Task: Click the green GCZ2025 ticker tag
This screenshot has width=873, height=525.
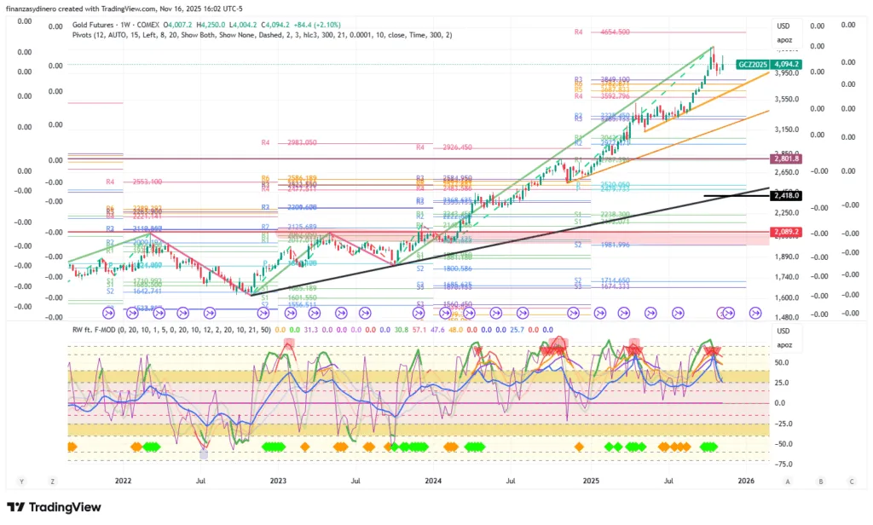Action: click(x=752, y=65)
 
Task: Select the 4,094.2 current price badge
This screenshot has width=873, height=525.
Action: click(x=786, y=65)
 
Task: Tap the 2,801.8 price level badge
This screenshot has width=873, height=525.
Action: click(x=785, y=159)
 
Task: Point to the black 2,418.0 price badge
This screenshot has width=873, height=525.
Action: click(x=785, y=196)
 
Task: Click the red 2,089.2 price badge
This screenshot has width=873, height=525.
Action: click(x=785, y=232)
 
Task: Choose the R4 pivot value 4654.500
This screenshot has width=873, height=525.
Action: click(x=613, y=32)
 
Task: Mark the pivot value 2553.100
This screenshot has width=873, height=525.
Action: click(x=147, y=182)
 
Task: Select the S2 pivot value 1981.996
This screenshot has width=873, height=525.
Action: click(x=613, y=245)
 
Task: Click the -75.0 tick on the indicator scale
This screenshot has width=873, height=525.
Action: click(x=785, y=464)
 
